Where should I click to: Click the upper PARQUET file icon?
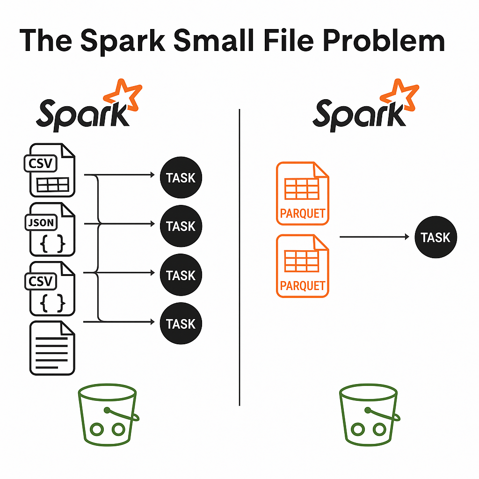pyautogui.click(x=303, y=193)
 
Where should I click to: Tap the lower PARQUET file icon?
pyautogui.click(x=303, y=266)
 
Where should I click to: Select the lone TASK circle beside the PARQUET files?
pyautogui.click(x=435, y=238)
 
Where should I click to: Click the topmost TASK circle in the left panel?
pyautogui.click(x=181, y=178)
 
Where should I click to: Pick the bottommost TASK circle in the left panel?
pyautogui.click(x=181, y=324)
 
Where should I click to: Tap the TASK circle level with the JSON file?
pyautogui.click(x=181, y=226)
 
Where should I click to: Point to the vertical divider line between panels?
pyautogui.click(x=239, y=257)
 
